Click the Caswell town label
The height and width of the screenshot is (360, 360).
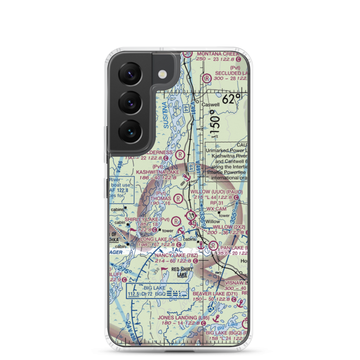210,105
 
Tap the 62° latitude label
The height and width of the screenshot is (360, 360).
231,99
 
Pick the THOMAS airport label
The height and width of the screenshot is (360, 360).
161,198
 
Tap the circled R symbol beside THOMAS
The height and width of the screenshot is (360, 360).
178,198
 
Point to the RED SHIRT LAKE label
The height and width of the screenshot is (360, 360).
182,272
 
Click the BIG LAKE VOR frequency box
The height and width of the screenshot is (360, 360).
157,291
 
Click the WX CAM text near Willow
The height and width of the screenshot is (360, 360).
216,209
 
